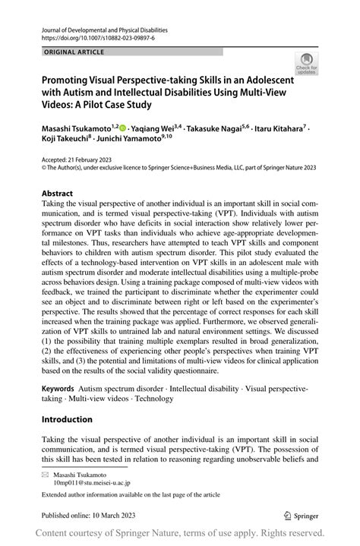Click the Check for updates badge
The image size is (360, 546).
(x=306, y=64)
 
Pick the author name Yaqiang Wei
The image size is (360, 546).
(x=152, y=130)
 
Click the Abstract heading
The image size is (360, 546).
(x=57, y=193)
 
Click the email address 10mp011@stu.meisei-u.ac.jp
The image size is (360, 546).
(x=92, y=482)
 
